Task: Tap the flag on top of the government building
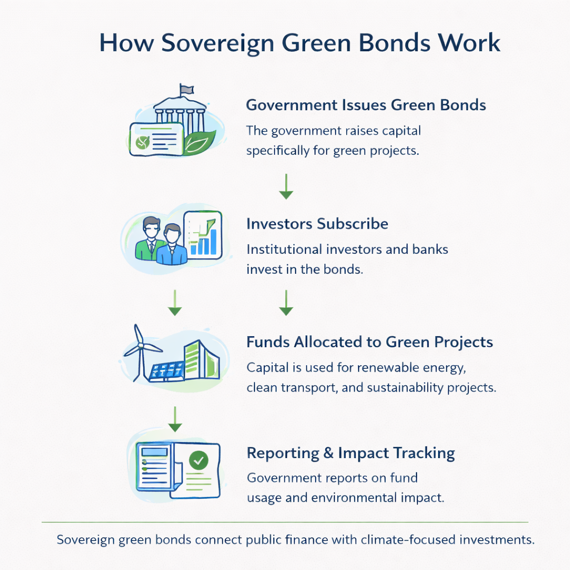[x=186, y=89]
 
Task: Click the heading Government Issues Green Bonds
[x=366, y=105]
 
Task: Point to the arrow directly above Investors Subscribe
[x=286, y=187]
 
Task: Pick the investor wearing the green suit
[x=150, y=239]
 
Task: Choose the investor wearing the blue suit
[x=171, y=245]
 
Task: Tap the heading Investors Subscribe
[x=317, y=224]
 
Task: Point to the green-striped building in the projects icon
[x=200, y=357]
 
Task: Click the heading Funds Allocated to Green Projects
[x=370, y=342]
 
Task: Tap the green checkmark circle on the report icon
[x=198, y=460]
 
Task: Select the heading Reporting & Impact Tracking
[x=351, y=453]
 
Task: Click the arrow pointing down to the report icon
[x=175, y=419]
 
